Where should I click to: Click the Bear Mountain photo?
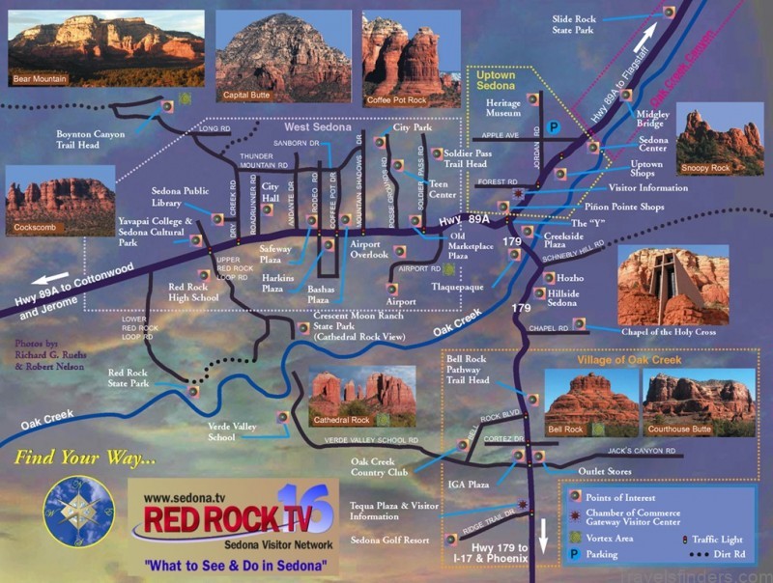click(106, 48)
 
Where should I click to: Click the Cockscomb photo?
click(60, 202)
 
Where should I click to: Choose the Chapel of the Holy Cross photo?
click(673, 286)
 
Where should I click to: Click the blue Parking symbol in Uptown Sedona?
click(555, 126)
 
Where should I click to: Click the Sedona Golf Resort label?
click(388, 541)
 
